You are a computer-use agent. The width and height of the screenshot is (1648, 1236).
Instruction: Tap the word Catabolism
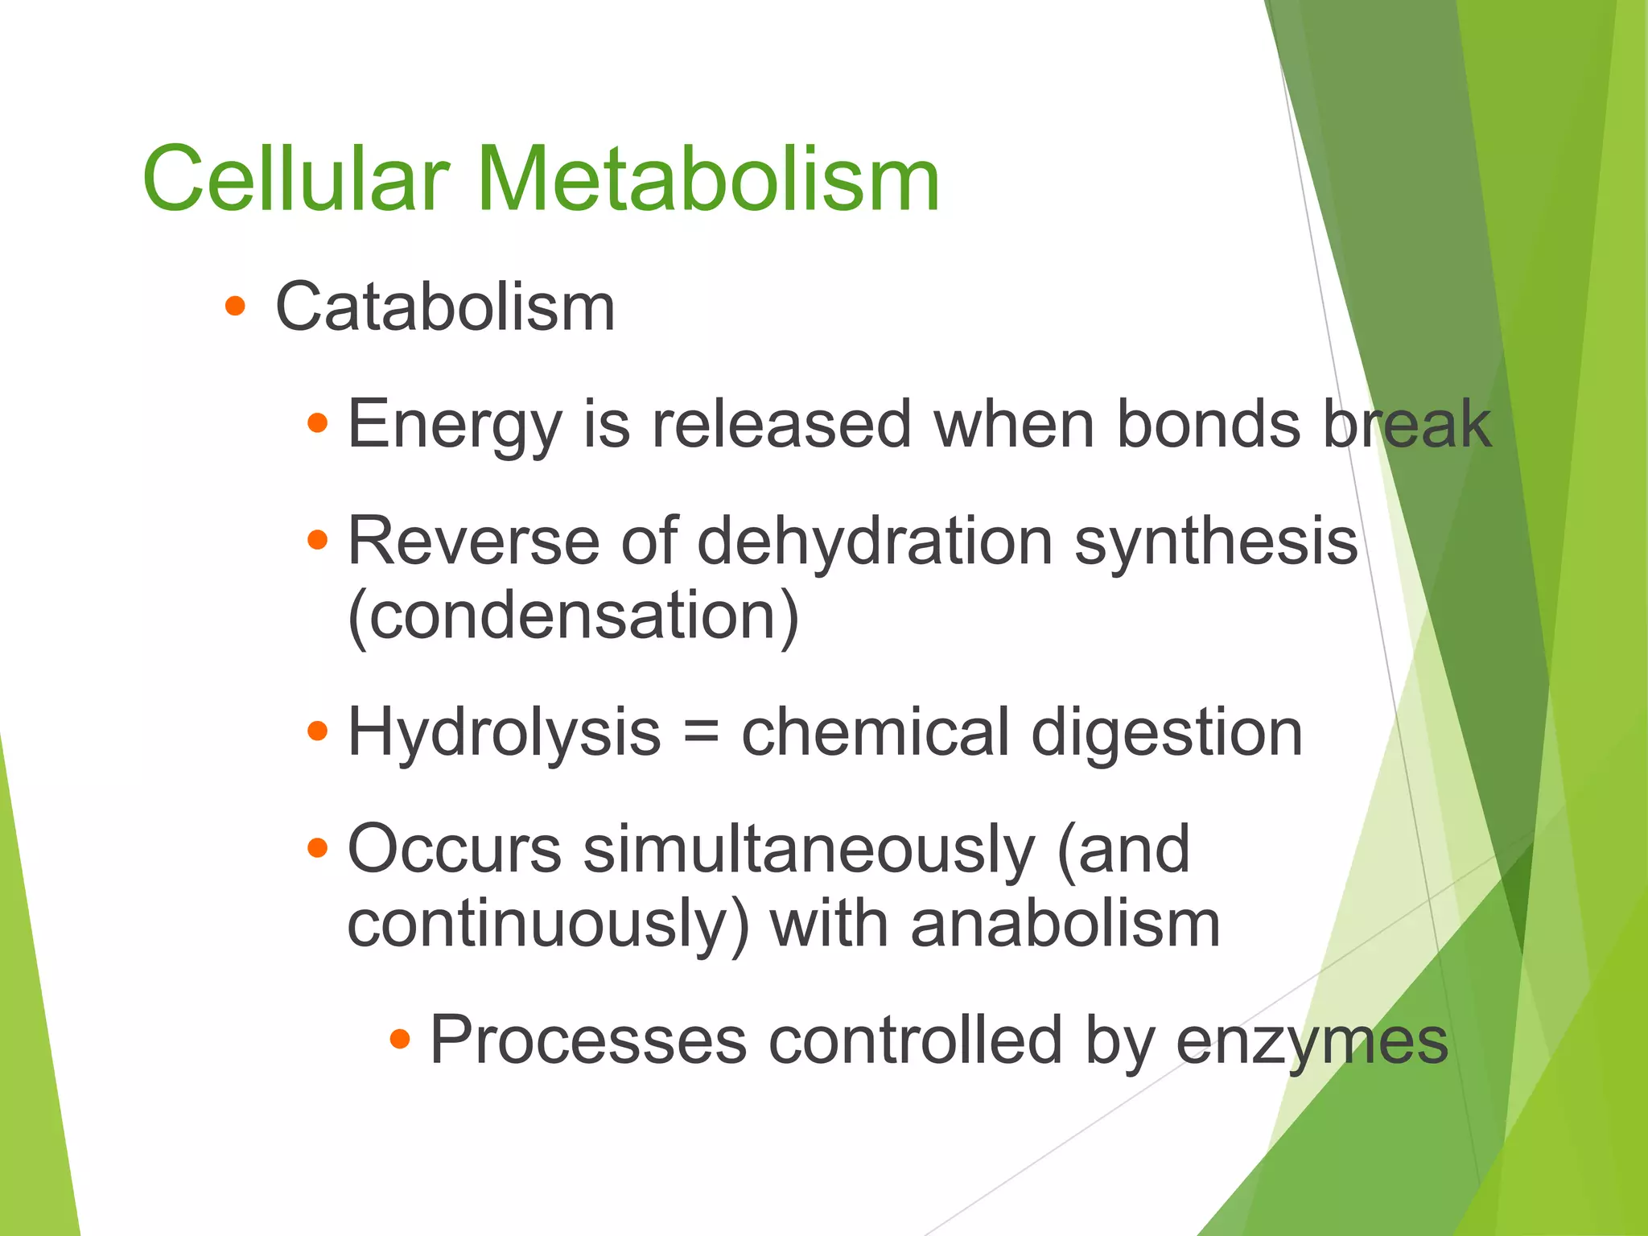tap(445, 307)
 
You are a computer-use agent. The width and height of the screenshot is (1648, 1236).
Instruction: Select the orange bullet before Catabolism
tap(235, 306)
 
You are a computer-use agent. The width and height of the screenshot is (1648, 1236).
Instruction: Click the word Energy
tap(454, 425)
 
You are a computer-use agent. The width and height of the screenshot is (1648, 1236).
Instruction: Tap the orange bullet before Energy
tap(318, 422)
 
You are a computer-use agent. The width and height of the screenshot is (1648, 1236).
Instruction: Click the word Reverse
tap(473, 541)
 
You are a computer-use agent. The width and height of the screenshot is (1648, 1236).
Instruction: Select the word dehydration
tap(875, 541)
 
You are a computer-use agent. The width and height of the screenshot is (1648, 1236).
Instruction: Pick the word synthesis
tap(1216, 541)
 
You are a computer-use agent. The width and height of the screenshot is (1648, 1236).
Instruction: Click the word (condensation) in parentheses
tap(573, 616)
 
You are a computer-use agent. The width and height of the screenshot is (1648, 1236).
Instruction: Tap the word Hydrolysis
tap(504, 732)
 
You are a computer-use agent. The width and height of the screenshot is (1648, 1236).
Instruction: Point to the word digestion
tap(1167, 732)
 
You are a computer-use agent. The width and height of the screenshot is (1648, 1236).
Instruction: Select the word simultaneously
tap(808, 850)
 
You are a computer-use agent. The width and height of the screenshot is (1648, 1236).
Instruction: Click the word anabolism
tap(1065, 924)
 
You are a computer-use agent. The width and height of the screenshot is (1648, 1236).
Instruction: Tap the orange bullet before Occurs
tap(318, 847)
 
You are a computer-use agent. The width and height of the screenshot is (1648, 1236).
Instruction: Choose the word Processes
tap(588, 1040)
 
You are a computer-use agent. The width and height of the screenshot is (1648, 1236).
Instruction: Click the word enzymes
tap(1312, 1041)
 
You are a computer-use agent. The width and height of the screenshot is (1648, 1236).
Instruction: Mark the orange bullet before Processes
tap(400, 1039)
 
